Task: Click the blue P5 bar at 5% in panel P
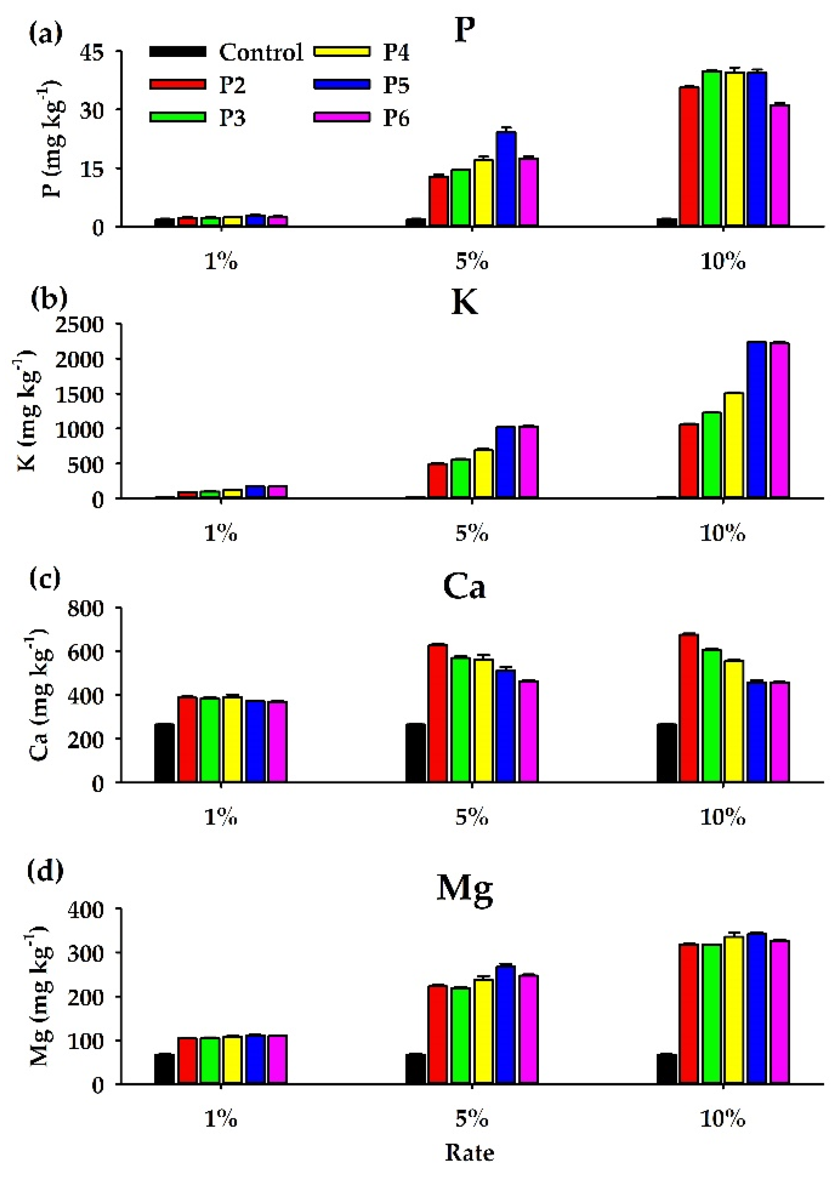coord(506,179)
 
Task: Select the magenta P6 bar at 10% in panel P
coord(779,165)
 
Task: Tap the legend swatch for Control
coord(177,52)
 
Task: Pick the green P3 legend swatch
coord(177,117)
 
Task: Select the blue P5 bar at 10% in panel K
coord(756,420)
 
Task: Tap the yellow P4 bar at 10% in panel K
coord(733,446)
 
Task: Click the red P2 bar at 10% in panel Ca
coord(688,708)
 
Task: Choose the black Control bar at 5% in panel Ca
coord(415,753)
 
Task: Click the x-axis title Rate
coord(469,1153)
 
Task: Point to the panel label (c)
coord(45,578)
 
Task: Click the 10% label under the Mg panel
coord(723,1120)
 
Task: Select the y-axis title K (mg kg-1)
coord(27,411)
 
